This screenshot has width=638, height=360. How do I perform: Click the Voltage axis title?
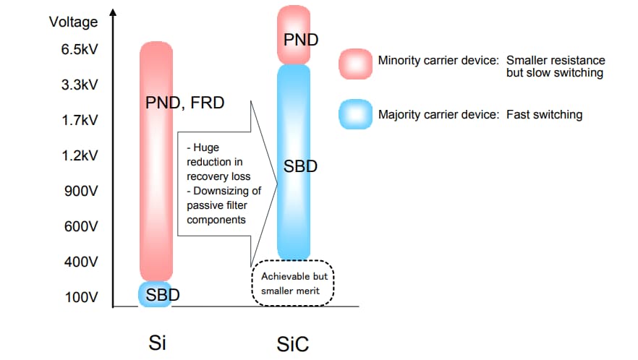73,22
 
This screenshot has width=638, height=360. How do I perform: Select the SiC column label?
293,343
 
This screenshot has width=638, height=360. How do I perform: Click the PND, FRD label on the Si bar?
184,103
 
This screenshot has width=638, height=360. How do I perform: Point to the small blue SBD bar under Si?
156,295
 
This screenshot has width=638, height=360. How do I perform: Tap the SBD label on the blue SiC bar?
300,166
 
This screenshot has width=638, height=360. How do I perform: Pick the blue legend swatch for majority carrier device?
355,114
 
